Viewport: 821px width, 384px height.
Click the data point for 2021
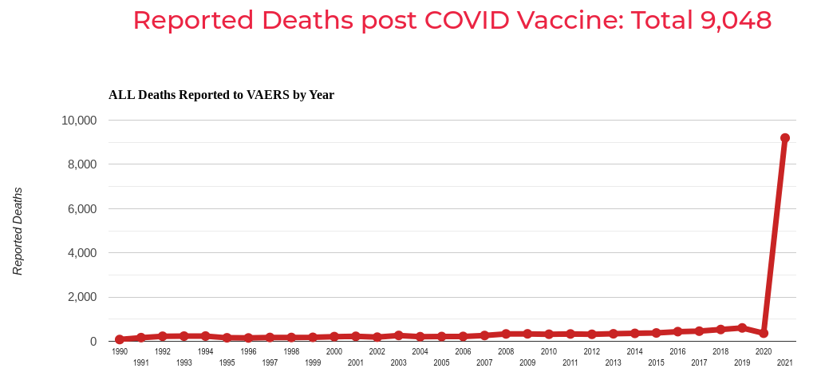(785, 138)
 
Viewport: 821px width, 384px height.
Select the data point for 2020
(764, 333)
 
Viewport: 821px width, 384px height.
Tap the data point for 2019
(742, 328)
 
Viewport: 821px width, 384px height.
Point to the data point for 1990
(120, 339)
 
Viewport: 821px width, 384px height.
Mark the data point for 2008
(506, 334)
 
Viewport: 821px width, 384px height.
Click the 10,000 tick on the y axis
(79, 121)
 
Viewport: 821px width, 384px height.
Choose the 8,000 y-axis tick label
(81, 164)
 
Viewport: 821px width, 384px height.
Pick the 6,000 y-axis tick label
(81, 209)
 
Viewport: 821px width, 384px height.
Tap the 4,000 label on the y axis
(81, 253)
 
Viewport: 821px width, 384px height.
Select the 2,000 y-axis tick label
(81, 297)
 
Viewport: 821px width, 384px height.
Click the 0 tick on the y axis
(93, 342)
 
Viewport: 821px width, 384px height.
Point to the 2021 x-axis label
(784, 363)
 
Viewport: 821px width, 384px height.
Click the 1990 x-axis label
(120, 352)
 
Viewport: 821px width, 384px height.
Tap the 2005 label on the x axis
(441, 363)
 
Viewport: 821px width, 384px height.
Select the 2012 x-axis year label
(591, 352)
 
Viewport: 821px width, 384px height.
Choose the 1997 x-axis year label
(270, 363)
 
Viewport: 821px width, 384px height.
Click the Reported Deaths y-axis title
(18, 232)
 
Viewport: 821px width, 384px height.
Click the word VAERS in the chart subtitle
(266, 95)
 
